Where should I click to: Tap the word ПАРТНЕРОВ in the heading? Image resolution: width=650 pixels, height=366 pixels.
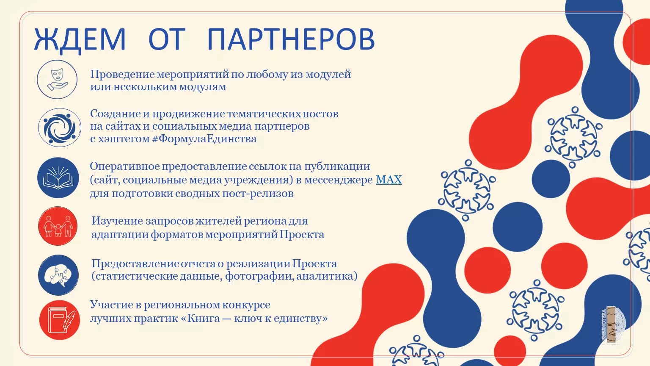pyautogui.click(x=291, y=39)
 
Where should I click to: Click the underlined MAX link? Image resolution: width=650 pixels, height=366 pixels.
pyautogui.click(x=389, y=180)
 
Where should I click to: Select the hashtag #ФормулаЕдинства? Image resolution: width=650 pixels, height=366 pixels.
pyautogui.click(x=204, y=139)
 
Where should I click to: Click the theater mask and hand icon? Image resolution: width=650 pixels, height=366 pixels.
pyautogui.click(x=57, y=79)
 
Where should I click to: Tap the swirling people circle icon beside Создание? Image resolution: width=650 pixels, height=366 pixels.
pyautogui.click(x=60, y=128)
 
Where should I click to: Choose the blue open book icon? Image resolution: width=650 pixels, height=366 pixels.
pyautogui.click(x=58, y=178)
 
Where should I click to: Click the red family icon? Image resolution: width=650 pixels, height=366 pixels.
pyautogui.click(x=58, y=226)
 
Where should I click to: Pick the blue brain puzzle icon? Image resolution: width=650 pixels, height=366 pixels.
pyautogui.click(x=58, y=275)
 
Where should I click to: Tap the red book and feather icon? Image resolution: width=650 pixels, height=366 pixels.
pyautogui.click(x=60, y=320)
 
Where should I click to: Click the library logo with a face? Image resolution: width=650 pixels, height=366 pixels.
pyautogui.click(x=613, y=325)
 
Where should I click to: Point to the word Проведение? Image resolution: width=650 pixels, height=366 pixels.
pyautogui.click(x=122, y=75)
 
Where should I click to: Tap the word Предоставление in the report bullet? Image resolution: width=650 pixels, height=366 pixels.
pyautogui.click(x=135, y=264)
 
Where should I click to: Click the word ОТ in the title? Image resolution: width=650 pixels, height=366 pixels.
pyautogui.click(x=167, y=39)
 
